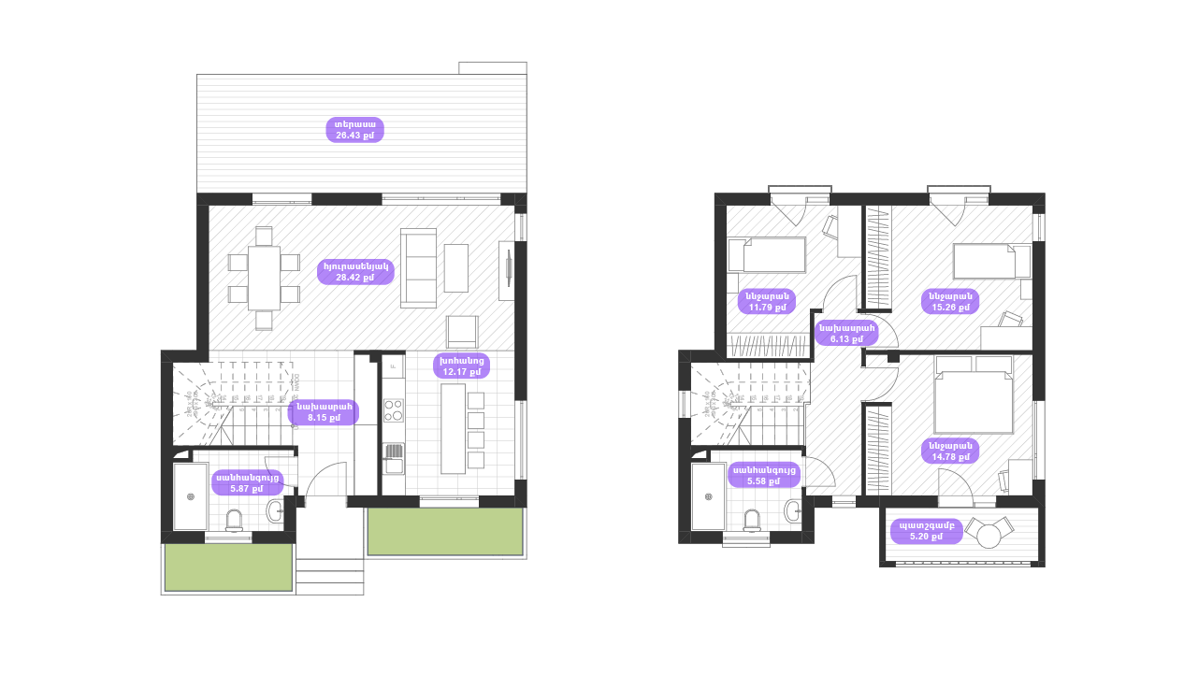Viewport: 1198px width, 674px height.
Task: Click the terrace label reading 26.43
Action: pyautogui.click(x=355, y=130)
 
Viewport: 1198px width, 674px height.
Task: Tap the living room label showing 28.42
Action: pyautogui.click(x=355, y=272)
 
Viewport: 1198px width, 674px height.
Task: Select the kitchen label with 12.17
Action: pyautogui.click(x=462, y=366)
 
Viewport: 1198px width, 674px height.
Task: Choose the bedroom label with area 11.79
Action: pyautogui.click(x=768, y=300)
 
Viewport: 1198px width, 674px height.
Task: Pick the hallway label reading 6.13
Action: pyautogui.click(x=846, y=333)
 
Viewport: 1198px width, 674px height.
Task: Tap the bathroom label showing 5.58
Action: pyautogui.click(x=765, y=476)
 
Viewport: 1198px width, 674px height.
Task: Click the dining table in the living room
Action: pyautogui.click(x=264, y=278)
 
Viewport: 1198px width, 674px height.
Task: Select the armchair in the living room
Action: pyautogui.click(x=462, y=331)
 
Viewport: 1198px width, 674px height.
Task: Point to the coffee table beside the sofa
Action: pyautogui.click(x=456, y=267)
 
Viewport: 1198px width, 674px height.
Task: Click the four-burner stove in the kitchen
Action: pyautogui.click(x=394, y=410)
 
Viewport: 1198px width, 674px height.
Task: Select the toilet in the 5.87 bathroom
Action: pyautogui.click(x=235, y=519)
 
